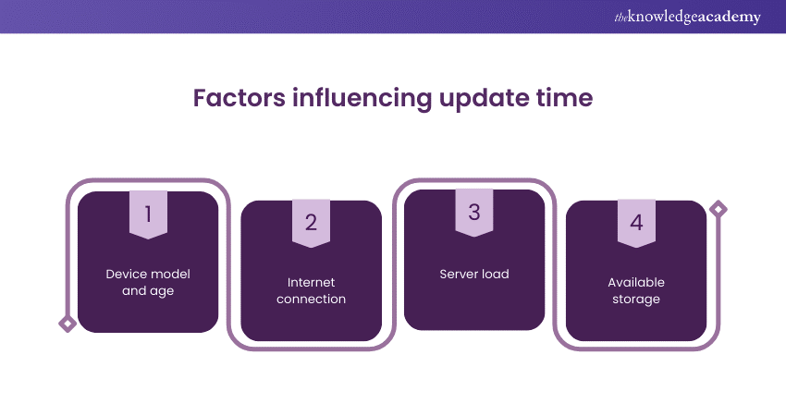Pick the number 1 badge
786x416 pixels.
pyautogui.click(x=148, y=214)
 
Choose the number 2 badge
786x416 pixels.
pyautogui.click(x=311, y=223)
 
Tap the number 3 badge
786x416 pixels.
pyautogui.click(x=474, y=212)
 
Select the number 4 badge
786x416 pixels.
pyautogui.click(x=636, y=223)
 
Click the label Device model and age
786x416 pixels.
pyautogui.click(x=148, y=282)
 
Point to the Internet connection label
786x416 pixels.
pyautogui.click(x=311, y=290)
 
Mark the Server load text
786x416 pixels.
pyautogui.click(x=474, y=274)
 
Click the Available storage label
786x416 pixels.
pyautogui.click(x=636, y=290)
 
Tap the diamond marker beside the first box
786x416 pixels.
pyautogui.click(x=67, y=323)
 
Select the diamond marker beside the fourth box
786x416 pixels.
pyautogui.click(x=718, y=209)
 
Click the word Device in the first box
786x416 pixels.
pyautogui.click(x=127, y=274)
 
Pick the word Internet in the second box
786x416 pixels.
pyautogui.click(x=311, y=282)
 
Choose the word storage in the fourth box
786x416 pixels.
pyautogui.click(x=636, y=299)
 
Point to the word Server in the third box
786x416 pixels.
pyautogui.click(x=459, y=274)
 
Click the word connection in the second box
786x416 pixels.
pyautogui.click(x=311, y=299)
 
